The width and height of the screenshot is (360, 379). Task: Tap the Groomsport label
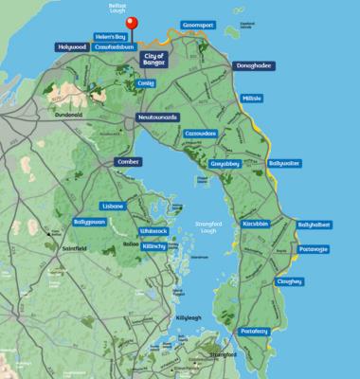(202, 31)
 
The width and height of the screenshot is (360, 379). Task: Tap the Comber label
(128, 162)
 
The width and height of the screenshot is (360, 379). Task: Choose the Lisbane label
(113, 205)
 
